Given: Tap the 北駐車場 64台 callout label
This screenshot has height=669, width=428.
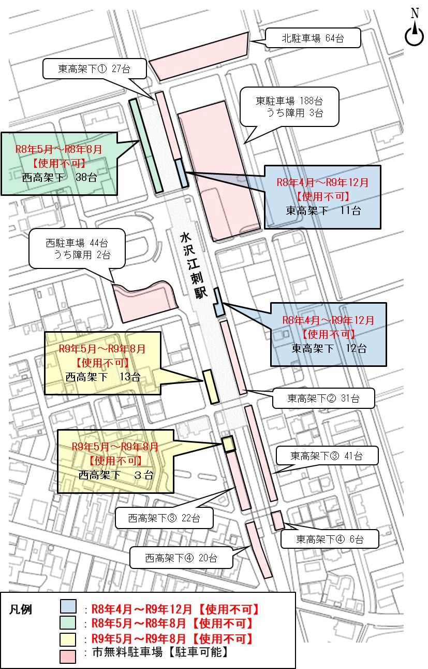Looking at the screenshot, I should (313, 38).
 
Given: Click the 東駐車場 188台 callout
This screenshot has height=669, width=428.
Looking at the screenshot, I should (289, 107).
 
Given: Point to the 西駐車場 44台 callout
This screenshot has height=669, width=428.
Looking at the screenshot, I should (77, 249).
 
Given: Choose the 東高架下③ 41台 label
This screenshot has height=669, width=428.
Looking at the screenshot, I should (326, 456).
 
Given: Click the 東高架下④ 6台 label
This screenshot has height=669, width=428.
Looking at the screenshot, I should (330, 539).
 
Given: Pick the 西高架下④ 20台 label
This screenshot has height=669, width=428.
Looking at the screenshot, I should (181, 558).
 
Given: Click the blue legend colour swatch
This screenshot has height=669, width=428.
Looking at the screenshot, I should (68, 607).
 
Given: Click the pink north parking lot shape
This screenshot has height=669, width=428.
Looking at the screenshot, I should (200, 55).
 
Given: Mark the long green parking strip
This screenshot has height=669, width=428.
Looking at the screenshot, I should (146, 146).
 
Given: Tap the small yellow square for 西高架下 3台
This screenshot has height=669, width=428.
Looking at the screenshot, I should (228, 444).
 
